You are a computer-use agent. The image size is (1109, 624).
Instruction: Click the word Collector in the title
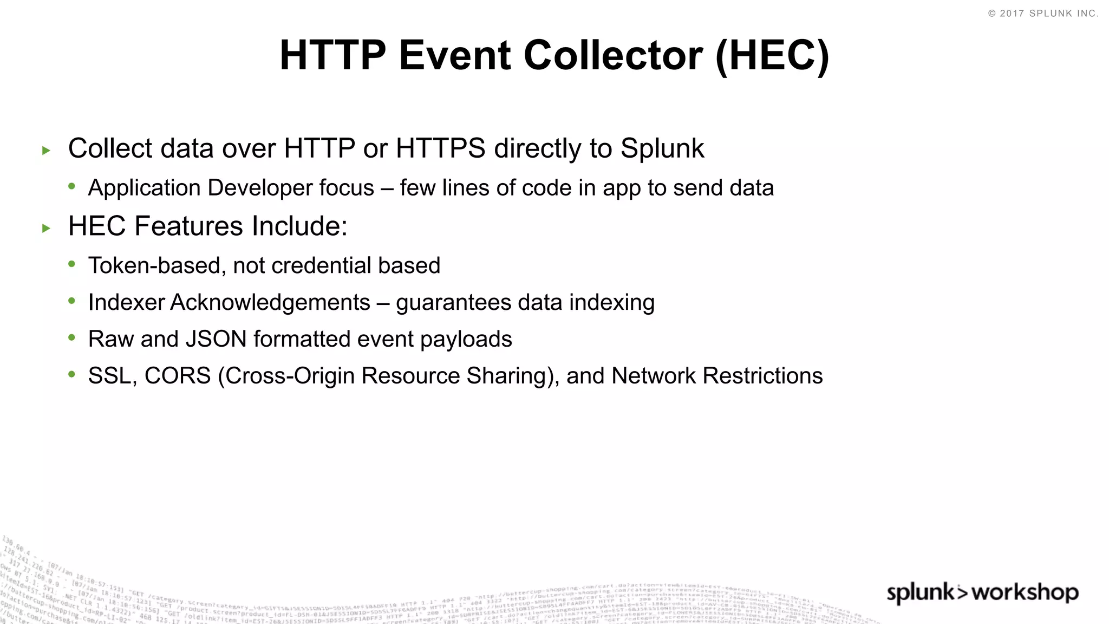click(613, 55)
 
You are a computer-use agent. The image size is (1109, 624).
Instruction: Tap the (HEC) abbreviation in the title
click(772, 55)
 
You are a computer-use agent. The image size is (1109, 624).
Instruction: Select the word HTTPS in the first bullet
click(441, 148)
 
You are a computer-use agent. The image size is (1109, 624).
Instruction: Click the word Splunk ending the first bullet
click(662, 148)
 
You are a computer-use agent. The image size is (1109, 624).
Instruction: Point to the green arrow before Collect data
click(46, 151)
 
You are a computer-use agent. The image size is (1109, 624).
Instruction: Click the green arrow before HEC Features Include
click(46, 229)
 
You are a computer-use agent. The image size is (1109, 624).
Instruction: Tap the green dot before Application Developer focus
click(72, 186)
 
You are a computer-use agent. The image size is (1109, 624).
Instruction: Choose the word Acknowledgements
click(270, 302)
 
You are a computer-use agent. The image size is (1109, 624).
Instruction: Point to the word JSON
click(216, 339)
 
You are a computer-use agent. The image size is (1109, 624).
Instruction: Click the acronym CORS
click(178, 376)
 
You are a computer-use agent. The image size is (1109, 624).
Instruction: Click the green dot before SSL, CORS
click(72, 374)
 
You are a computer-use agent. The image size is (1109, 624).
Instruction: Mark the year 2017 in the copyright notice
click(1012, 14)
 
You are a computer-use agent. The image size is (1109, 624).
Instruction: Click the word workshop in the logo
click(1025, 593)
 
